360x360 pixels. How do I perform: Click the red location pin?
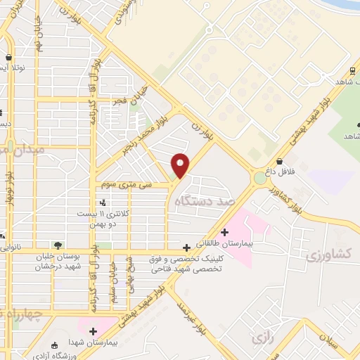coord(181,165)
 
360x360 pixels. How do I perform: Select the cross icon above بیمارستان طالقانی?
coord(224,231)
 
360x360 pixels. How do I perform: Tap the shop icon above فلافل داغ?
coord(280,161)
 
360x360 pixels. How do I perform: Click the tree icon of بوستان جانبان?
coord(58,245)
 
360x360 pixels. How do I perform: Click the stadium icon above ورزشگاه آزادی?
coord(55,345)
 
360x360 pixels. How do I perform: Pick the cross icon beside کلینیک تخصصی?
coord(186,247)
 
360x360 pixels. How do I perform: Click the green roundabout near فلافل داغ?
coord(260,179)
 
